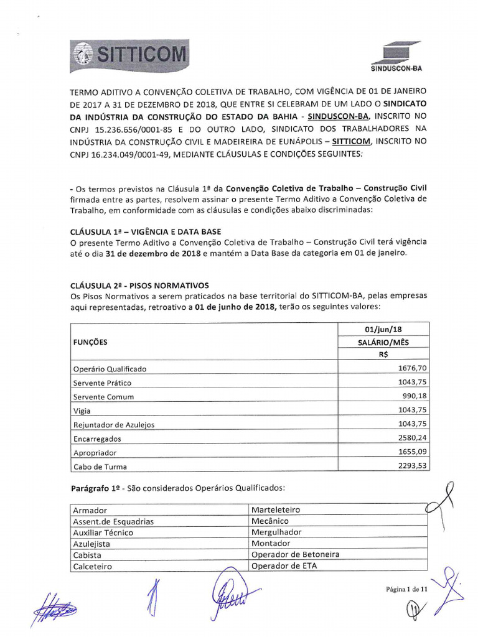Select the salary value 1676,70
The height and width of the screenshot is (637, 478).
413,368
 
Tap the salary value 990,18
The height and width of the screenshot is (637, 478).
415,396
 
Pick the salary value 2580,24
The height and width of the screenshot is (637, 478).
413,438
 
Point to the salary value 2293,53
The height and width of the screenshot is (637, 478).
413,466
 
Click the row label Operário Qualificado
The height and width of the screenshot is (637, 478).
110,369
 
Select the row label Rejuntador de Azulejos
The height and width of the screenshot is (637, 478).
113,425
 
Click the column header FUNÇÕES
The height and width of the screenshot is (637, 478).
90,342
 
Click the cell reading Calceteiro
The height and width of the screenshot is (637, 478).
93,566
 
